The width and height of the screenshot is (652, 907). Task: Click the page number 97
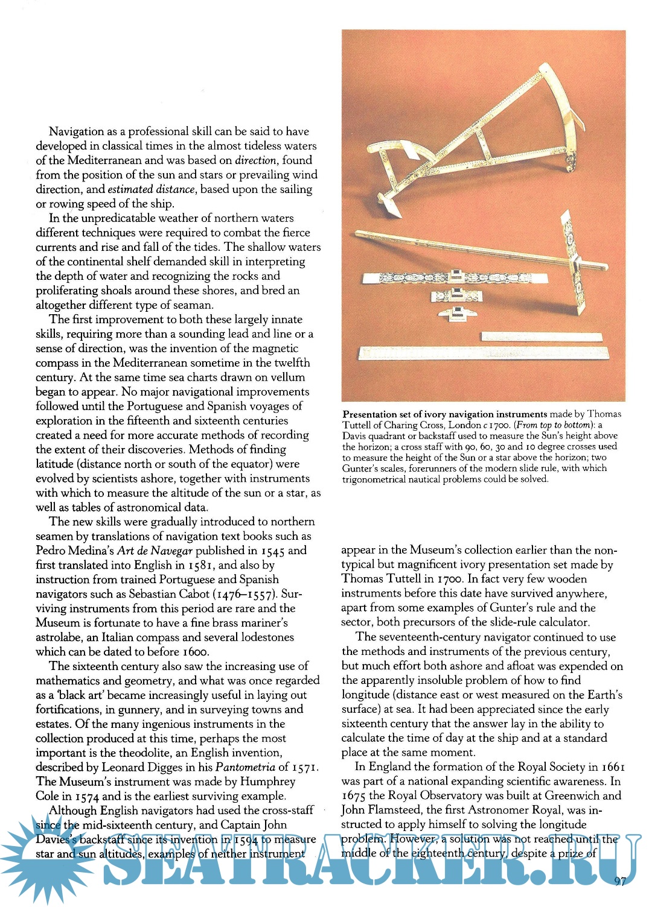[x=620, y=881]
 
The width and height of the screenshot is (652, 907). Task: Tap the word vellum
[x=288, y=378]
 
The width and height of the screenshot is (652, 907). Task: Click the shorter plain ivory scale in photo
[x=542, y=337]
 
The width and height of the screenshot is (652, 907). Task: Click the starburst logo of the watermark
[x=45, y=856]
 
